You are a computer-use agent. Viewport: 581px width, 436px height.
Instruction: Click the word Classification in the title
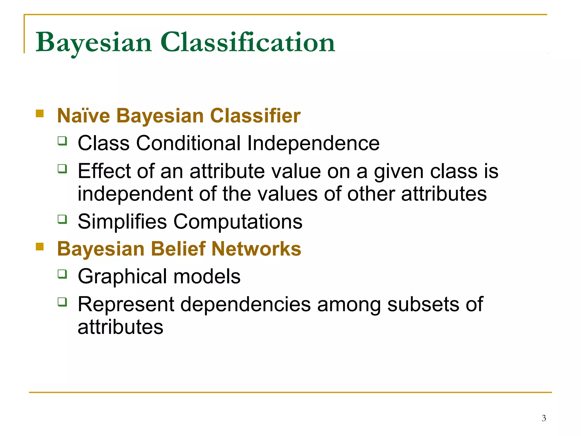(247, 43)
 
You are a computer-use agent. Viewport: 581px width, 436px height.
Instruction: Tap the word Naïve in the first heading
(83, 116)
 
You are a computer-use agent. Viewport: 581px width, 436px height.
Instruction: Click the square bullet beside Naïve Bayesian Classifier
(40, 114)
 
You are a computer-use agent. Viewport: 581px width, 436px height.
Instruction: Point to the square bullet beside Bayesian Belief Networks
(40, 246)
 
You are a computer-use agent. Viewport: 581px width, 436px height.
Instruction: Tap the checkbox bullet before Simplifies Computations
(62, 219)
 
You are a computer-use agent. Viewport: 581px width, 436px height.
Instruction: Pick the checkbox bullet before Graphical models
(62, 274)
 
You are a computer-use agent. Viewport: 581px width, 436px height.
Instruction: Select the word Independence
(313, 143)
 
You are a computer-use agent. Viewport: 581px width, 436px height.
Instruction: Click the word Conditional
(188, 143)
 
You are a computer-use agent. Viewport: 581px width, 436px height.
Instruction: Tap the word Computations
(238, 222)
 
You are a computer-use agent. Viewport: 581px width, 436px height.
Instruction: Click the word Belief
(178, 249)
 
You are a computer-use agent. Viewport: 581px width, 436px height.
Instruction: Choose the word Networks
(256, 249)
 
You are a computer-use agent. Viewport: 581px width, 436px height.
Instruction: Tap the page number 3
(544, 418)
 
